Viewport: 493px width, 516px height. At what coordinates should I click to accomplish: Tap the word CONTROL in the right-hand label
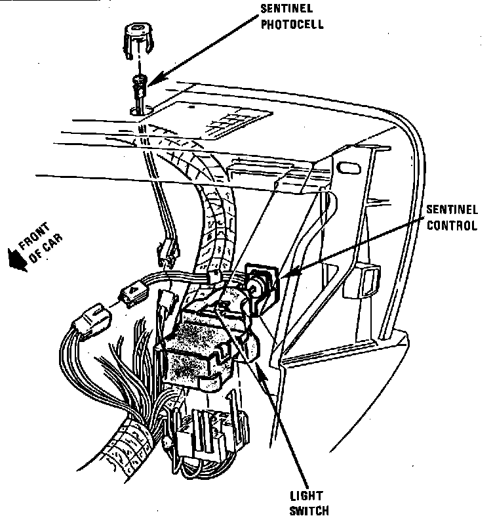pyautogui.click(x=450, y=226)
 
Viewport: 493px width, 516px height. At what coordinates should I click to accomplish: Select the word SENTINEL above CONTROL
pyautogui.click(x=451, y=211)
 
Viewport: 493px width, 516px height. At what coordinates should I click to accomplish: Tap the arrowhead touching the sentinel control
pyautogui.click(x=289, y=270)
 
